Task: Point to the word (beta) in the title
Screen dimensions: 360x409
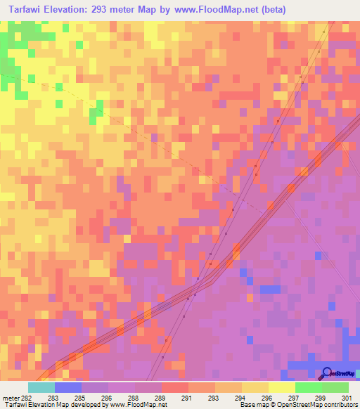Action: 271,9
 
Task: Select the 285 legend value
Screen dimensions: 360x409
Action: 82,398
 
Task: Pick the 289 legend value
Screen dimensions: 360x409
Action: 161,398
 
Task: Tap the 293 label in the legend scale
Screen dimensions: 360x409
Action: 214,398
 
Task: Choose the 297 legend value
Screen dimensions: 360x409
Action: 295,398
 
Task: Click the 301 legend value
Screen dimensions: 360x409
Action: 347,398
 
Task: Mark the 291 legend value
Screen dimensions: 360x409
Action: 188,398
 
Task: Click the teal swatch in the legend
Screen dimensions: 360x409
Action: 41,387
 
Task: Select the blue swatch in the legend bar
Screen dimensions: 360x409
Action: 68,387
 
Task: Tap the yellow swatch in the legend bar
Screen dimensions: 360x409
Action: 282,387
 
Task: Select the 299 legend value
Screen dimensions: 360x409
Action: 321,398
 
